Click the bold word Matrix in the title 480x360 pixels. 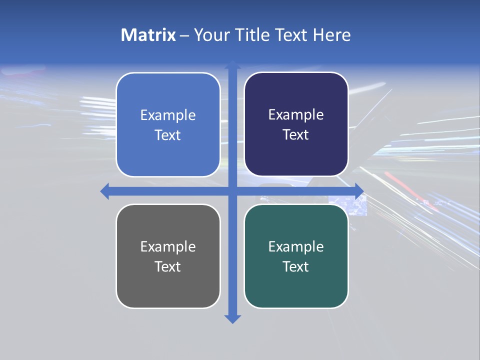148,35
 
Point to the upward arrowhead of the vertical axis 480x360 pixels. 232,65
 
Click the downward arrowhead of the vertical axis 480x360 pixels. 232,318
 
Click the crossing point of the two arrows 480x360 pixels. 232,191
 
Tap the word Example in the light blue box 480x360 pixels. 168,115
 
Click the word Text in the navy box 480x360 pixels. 296,135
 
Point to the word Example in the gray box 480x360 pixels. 168,246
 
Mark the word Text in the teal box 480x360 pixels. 296,266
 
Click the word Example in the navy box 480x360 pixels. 296,114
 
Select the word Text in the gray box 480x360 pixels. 168,266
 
